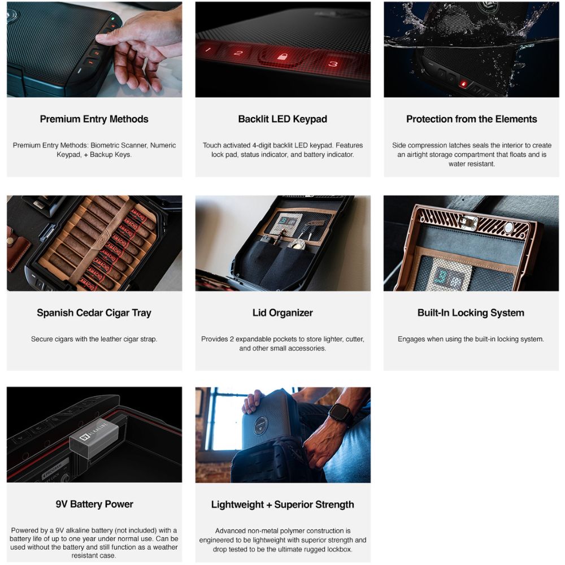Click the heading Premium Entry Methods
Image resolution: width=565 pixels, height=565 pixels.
tap(94, 119)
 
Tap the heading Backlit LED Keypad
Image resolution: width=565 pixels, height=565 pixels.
tap(282, 119)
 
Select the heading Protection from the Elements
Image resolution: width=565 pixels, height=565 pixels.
tap(471, 119)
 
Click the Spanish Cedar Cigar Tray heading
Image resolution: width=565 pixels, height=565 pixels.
tap(94, 313)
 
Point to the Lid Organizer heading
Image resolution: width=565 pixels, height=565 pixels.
tap(282, 313)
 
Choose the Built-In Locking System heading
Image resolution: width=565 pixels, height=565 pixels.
tap(471, 313)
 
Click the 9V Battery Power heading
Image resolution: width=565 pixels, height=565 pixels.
tap(94, 504)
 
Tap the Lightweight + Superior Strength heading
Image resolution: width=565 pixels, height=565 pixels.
tap(282, 505)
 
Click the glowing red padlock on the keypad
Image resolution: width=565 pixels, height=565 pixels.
tap(282, 56)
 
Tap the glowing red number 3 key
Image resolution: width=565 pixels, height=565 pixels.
tap(333, 63)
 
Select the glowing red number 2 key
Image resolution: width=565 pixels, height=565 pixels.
tap(238, 53)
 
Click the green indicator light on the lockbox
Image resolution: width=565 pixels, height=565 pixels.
tap(113, 19)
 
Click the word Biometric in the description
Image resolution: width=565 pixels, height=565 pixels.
tap(106, 145)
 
